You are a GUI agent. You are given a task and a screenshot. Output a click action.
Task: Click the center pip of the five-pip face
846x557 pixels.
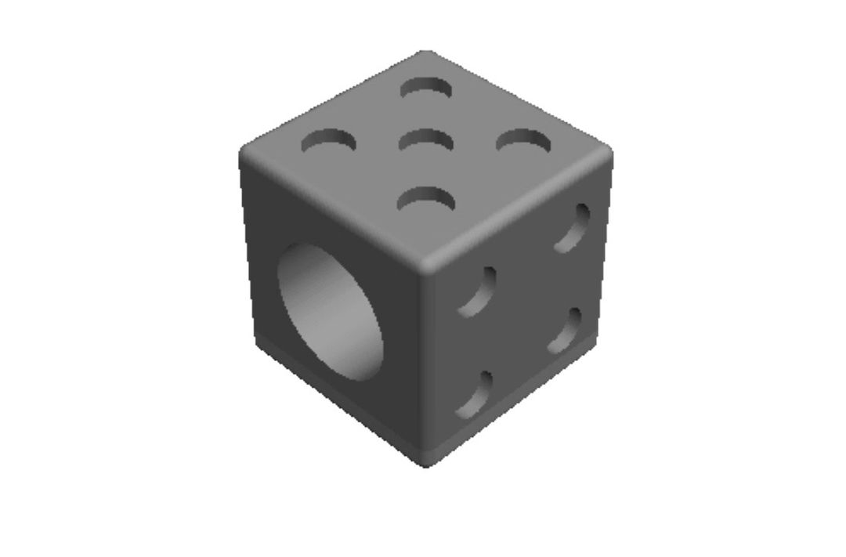point(426,141)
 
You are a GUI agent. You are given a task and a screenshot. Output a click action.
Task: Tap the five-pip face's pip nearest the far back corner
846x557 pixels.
point(427,87)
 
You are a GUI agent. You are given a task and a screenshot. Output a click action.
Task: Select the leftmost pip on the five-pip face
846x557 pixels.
point(329,142)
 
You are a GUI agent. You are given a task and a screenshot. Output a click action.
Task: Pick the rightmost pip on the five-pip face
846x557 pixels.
point(523,141)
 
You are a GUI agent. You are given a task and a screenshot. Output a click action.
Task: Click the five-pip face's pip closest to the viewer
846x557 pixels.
point(426,199)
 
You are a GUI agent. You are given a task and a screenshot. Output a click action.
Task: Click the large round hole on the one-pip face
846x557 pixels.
point(332,312)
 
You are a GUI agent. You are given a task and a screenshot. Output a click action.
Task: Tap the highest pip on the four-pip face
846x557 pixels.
point(573,228)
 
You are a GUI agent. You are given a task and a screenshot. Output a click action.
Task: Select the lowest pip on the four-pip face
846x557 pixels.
point(475,395)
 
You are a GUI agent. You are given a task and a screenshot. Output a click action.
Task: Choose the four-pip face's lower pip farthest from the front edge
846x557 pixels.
point(566,331)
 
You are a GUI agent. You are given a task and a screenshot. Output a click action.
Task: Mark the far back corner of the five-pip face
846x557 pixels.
point(425,54)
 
